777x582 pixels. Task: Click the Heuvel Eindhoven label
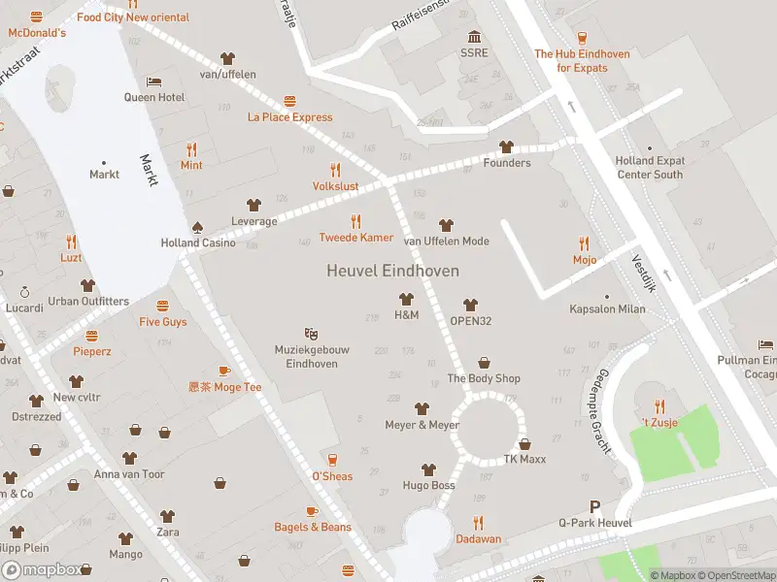click(392, 272)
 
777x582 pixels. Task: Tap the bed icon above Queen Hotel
click(153, 81)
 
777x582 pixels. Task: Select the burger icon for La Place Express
click(289, 102)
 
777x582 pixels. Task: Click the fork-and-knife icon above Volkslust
click(336, 170)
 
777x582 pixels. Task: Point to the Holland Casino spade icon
click(198, 227)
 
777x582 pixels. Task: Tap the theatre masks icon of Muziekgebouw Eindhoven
click(311, 334)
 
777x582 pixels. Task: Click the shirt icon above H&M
click(406, 300)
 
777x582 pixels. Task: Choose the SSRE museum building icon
click(474, 37)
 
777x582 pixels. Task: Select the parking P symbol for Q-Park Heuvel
click(595, 507)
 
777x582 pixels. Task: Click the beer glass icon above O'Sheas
click(332, 460)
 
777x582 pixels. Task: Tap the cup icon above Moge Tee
click(224, 372)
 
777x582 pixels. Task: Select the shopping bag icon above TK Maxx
click(524, 443)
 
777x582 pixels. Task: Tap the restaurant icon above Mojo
click(584, 243)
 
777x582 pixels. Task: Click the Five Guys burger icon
click(162, 306)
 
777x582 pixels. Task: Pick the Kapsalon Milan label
click(607, 308)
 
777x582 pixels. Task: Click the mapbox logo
click(41, 569)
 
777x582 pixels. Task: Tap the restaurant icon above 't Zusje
click(660, 406)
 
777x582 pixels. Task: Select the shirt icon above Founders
click(506, 147)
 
